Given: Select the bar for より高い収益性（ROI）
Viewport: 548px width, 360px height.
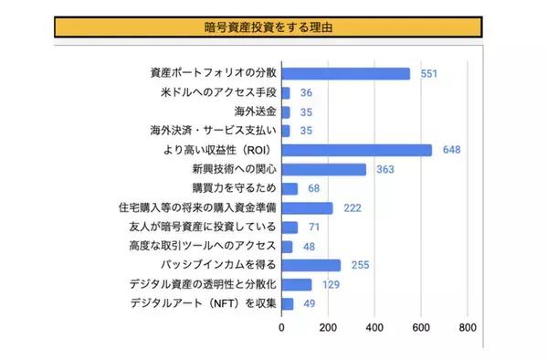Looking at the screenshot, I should [x=356, y=151].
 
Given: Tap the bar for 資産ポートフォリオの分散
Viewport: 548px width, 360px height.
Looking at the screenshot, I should [x=345, y=73].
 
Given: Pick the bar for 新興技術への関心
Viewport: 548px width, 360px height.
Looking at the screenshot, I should [x=323, y=170].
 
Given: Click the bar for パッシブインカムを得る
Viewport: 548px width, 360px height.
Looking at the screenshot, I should [x=311, y=265].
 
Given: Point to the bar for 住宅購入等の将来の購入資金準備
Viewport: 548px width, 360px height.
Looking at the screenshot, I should [x=307, y=208].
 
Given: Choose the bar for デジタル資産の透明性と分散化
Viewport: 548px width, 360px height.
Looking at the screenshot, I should [x=296, y=284].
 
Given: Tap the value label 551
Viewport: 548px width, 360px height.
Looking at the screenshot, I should [x=429, y=73].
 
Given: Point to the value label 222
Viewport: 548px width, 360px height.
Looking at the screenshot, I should [x=353, y=208].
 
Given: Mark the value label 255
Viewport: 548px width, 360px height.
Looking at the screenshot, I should [x=360, y=265].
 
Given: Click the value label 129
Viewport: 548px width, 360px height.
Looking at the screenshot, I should [x=331, y=284].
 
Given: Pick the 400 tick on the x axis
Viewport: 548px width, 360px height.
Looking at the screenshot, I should [x=374, y=327].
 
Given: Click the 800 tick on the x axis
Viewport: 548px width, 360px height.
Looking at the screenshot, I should [x=468, y=327].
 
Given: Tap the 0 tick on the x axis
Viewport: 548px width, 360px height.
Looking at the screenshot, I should [x=281, y=327].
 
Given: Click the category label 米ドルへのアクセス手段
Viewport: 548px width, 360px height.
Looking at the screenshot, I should [x=217, y=93].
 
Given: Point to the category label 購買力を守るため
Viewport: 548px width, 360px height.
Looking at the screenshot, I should [x=234, y=189].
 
